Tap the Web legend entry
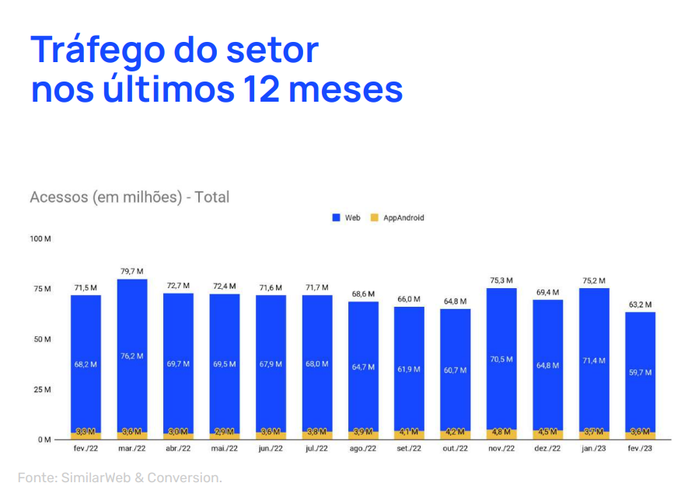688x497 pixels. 347,218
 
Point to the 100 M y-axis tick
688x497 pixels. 40,238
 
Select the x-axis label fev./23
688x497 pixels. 640,450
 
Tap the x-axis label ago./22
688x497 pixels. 363,450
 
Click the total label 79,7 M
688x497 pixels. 132,271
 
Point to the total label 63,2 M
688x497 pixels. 640,304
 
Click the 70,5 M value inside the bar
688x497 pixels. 501,359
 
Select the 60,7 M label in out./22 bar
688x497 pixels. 456,370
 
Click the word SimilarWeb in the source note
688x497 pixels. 93,478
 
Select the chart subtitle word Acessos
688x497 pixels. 58,197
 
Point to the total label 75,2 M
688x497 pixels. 594,280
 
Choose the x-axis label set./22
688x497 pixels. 409,450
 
